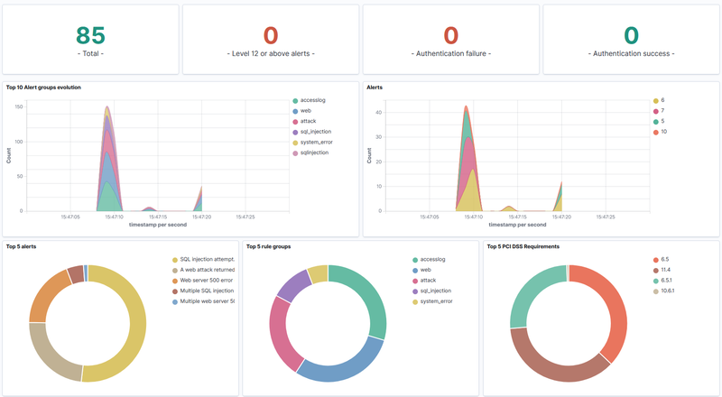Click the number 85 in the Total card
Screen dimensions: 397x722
(90, 35)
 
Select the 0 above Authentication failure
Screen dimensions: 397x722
(451, 35)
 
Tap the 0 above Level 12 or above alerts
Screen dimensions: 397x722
(271, 35)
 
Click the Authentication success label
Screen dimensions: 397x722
(632, 54)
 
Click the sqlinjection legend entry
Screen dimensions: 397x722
(313, 152)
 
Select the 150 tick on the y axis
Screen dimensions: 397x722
(18, 106)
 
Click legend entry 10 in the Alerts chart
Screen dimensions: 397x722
(664, 132)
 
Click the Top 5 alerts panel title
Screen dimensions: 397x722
(21, 245)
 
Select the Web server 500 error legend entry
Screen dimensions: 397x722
(207, 280)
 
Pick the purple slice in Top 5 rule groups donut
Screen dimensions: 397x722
(292, 285)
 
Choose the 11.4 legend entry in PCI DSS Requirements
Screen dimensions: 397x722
(664, 269)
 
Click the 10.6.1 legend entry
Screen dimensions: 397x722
(667, 291)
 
